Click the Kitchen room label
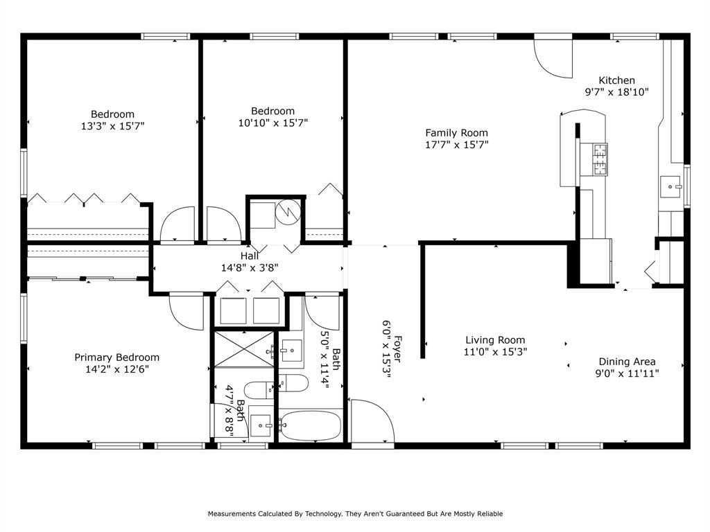point(616,80)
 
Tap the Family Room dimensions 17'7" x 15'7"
point(456,145)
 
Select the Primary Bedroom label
point(116,357)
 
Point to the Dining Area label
point(627,362)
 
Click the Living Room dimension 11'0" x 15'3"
point(495,351)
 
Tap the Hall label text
point(250,256)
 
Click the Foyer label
point(397,349)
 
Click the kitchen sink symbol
point(670,187)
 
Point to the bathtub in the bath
point(310,425)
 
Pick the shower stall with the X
point(244,349)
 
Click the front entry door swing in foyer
point(372,420)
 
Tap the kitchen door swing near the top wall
point(553,58)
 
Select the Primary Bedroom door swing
point(187,312)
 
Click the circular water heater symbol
point(288,211)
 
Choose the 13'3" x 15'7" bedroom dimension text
point(112,126)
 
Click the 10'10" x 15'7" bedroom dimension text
point(273,123)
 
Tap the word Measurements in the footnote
point(232,513)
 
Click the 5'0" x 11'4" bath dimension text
point(325,360)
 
